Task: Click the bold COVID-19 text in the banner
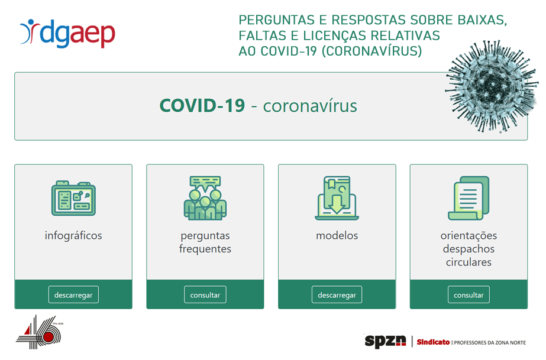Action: (202, 106)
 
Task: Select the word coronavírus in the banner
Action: (310, 106)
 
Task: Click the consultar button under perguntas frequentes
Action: (205, 294)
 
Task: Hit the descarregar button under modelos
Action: (337, 294)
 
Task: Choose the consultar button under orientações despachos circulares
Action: (469, 294)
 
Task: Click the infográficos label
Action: (73, 235)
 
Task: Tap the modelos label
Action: (337, 235)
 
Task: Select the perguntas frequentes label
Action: (205, 242)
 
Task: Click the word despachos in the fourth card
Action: (469, 249)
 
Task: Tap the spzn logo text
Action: (385, 341)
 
